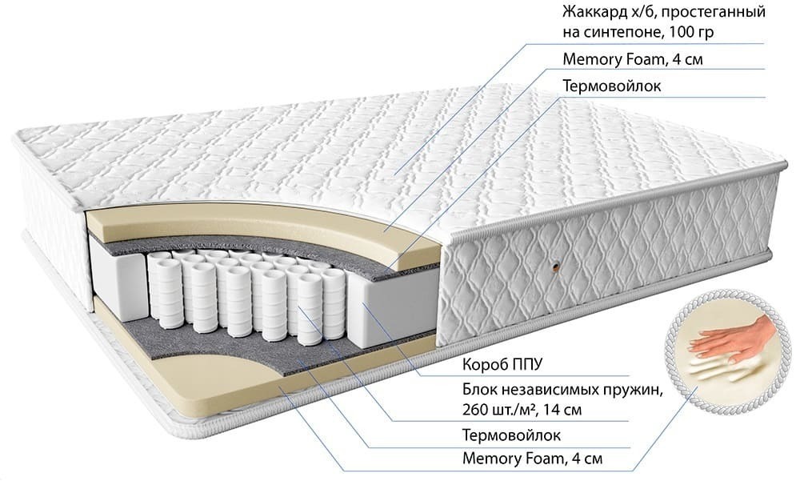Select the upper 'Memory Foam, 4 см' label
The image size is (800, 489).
pyautogui.click(x=633, y=59)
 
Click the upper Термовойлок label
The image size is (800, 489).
pyautogui.click(x=612, y=86)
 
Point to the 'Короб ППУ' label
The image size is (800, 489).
pyautogui.click(x=502, y=364)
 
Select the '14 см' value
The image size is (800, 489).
pyautogui.click(x=566, y=410)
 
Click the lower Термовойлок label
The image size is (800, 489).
pyautogui.click(x=511, y=435)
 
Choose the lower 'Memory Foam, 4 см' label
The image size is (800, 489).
pyautogui.click(x=532, y=459)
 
